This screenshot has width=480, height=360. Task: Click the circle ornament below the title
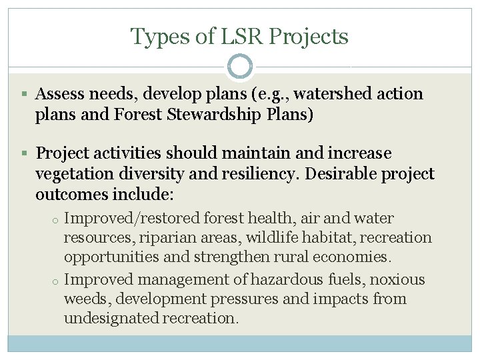[x=239, y=67]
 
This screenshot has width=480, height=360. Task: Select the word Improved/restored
[x=133, y=218]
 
